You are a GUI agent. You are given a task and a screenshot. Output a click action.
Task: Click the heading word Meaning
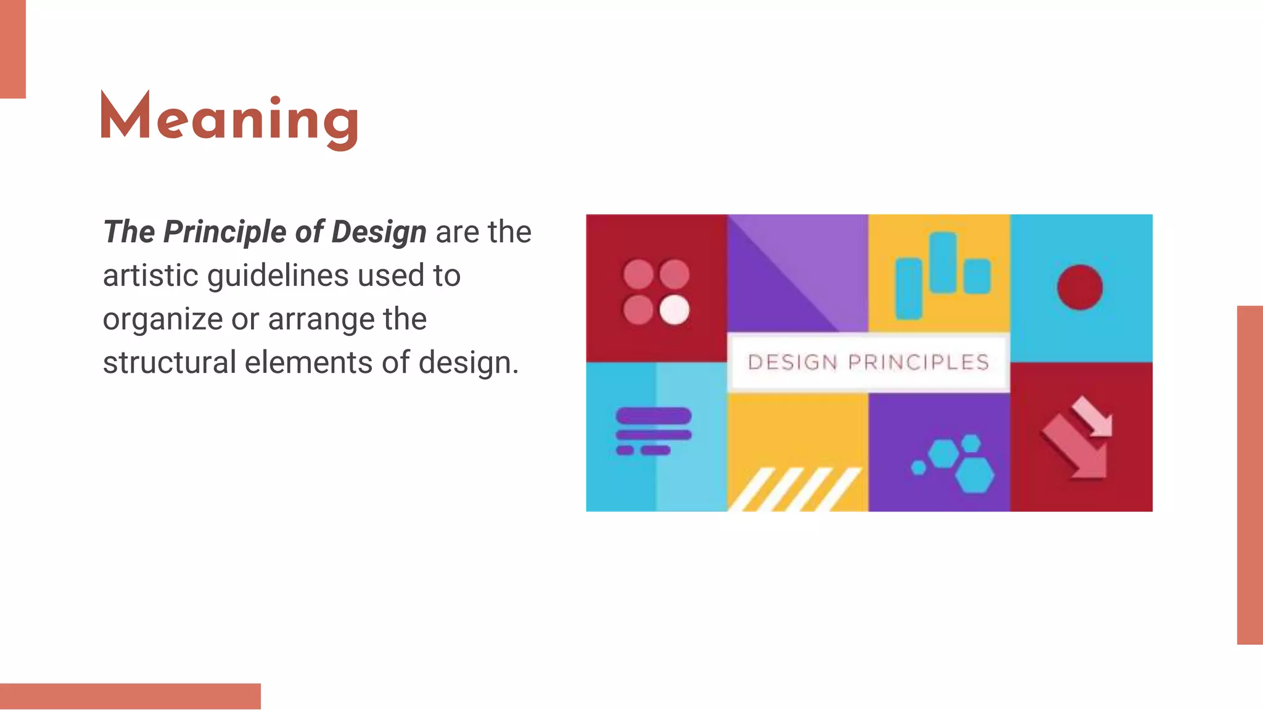[x=229, y=119]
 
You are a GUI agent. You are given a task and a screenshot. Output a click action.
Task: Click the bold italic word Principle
[x=224, y=232]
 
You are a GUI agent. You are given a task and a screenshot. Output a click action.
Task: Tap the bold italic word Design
[x=379, y=232]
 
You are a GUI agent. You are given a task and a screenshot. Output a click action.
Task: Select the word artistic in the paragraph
[x=150, y=275]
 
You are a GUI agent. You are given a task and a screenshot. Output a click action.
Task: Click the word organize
[x=163, y=320]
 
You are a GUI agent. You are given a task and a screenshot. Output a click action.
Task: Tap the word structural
[x=169, y=362]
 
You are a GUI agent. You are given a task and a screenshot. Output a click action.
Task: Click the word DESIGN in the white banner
[x=792, y=362]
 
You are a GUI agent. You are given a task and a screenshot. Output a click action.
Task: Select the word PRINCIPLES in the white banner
[x=919, y=362]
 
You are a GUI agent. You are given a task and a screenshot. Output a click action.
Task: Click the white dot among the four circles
[x=675, y=309]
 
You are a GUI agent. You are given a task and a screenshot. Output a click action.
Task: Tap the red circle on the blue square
[x=1080, y=287]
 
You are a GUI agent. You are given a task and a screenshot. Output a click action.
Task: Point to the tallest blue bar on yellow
[x=943, y=263]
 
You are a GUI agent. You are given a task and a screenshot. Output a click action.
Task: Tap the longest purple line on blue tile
[x=654, y=416]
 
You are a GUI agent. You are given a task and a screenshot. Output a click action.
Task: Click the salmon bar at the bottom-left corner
[x=130, y=696]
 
